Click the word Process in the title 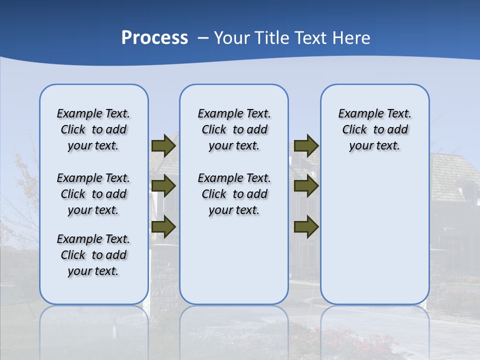(154, 38)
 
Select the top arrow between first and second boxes (163, 146)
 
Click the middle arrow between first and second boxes (163, 186)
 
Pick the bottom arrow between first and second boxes (163, 227)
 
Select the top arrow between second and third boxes (306, 146)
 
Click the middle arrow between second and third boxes (306, 186)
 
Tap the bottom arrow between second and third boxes (306, 227)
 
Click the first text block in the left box (93, 129)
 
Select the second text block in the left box (93, 194)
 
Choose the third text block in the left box (93, 255)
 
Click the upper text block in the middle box (234, 129)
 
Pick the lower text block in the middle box (234, 194)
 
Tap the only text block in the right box (375, 129)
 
